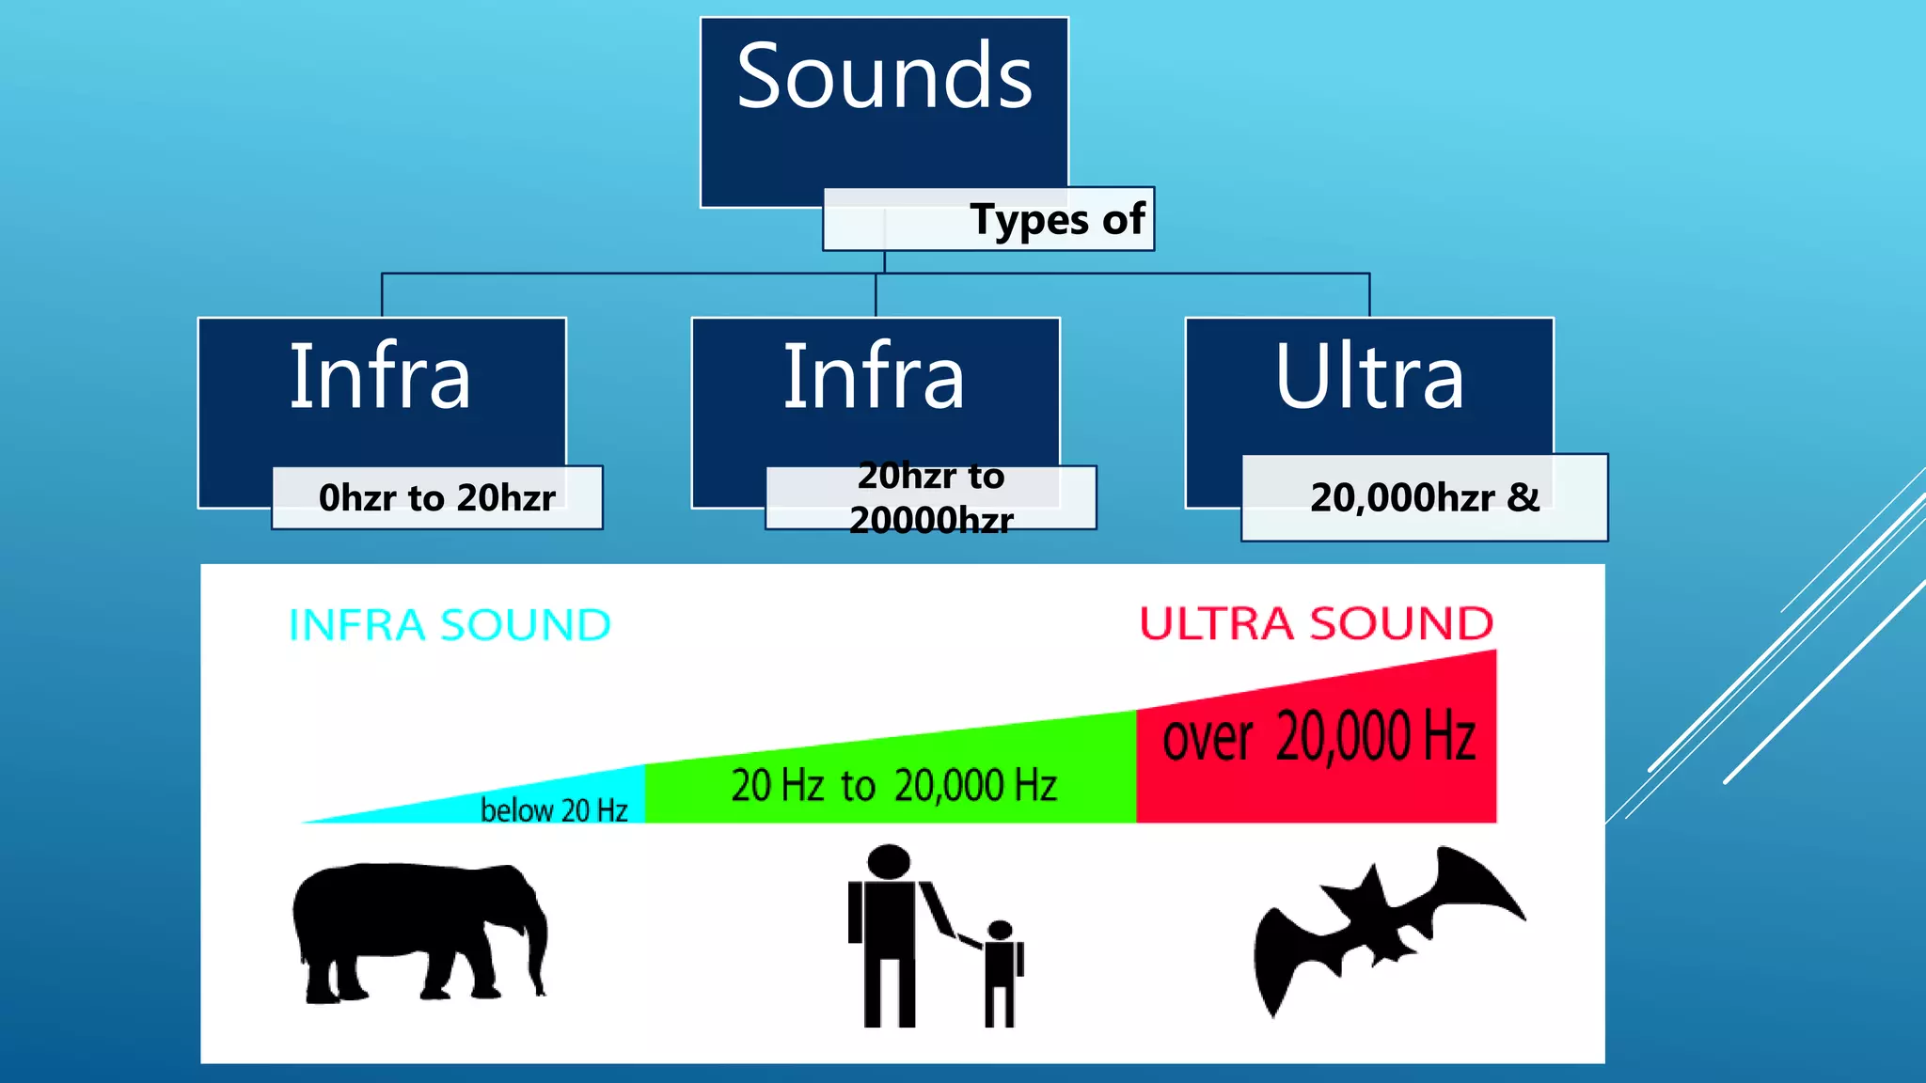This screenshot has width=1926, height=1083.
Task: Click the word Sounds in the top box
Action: (884, 77)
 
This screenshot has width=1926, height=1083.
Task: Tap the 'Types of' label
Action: (1057, 220)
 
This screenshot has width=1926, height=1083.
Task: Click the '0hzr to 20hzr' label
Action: (437, 498)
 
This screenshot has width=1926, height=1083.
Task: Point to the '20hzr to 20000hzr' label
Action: (931, 497)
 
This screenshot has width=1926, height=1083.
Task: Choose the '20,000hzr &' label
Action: (1424, 498)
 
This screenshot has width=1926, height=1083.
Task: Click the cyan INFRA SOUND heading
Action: (450, 626)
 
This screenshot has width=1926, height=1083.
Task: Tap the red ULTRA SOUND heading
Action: (1316, 624)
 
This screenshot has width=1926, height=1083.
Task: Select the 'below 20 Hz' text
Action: (554, 809)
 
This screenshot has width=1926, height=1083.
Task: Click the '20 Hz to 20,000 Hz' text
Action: (893, 786)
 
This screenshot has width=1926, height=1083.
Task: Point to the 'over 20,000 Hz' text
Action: (1318, 737)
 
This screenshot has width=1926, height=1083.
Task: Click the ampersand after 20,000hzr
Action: (1523, 497)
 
